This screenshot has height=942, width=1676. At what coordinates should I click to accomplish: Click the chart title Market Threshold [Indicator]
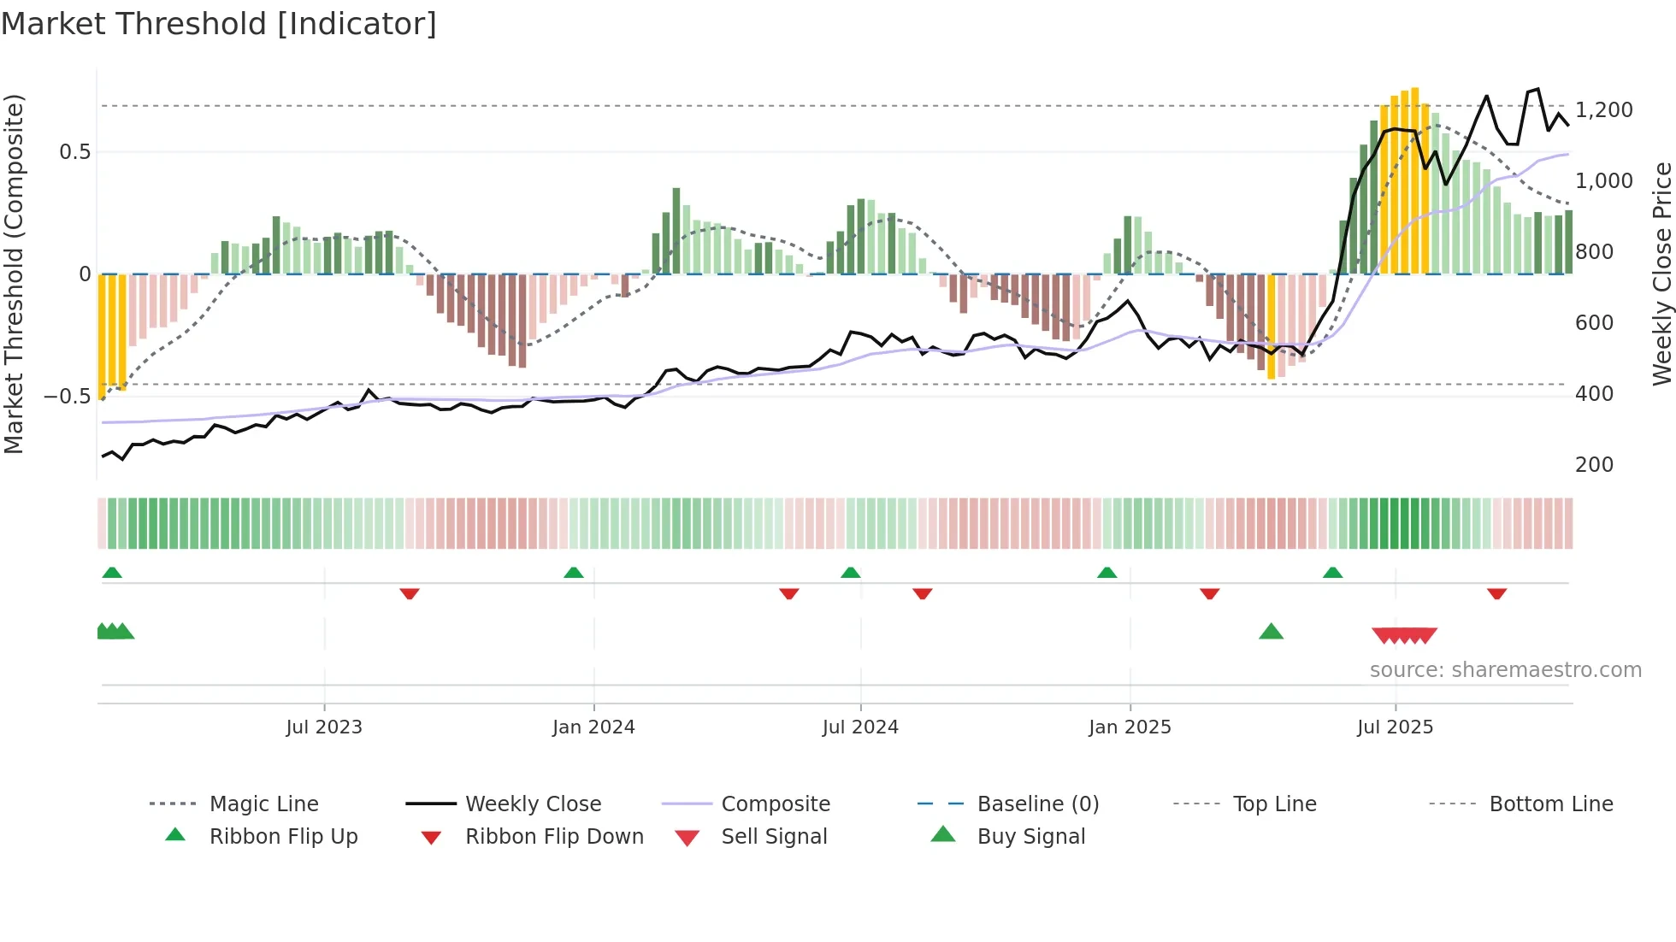point(219,24)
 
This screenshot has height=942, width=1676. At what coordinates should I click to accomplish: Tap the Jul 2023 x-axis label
point(324,727)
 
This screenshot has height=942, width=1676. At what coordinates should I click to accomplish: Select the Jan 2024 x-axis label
point(593,727)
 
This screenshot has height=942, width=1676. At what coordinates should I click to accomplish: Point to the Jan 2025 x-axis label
point(1130,727)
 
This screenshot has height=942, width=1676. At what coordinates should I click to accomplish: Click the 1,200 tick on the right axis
point(1603,110)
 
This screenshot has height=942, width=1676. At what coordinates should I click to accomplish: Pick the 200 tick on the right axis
point(1594,465)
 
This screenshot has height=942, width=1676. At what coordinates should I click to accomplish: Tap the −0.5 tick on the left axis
point(67,397)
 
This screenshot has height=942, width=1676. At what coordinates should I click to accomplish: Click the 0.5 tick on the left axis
point(74,152)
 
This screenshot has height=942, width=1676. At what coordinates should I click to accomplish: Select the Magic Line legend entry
point(263,804)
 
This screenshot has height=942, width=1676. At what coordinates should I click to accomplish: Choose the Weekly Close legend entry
point(533,804)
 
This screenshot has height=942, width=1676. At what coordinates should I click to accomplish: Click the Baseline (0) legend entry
point(1037,804)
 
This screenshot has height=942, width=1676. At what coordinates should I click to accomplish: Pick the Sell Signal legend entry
point(774,837)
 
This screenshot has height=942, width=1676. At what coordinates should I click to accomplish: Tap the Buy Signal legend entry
point(1030,837)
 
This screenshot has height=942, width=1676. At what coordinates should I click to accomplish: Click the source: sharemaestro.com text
point(1505,670)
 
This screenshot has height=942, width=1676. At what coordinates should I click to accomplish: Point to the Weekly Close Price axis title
point(1661,274)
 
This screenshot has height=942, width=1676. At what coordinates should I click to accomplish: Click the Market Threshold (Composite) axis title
point(14,274)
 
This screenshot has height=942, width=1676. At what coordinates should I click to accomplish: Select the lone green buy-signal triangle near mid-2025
point(1271,633)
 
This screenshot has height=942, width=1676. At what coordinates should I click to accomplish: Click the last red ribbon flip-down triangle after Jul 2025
point(1496,593)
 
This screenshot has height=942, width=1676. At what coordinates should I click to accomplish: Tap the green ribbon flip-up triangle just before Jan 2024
point(574,573)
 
